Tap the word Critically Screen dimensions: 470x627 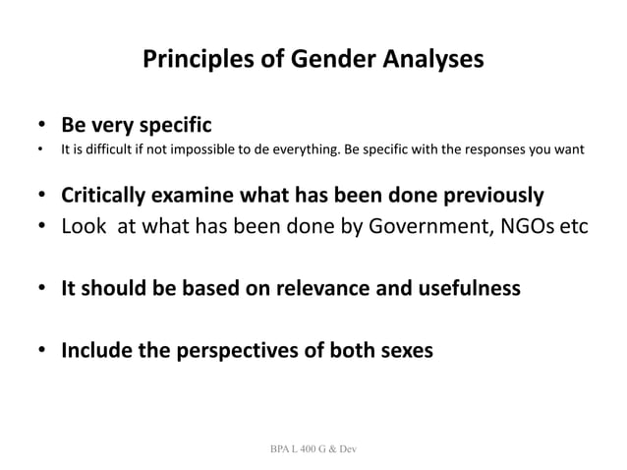(105, 195)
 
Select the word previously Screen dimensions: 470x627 (490, 195)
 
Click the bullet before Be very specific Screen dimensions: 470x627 (42, 128)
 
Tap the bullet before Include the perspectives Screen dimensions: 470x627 (42, 351)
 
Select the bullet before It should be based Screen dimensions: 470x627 (42, 289)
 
